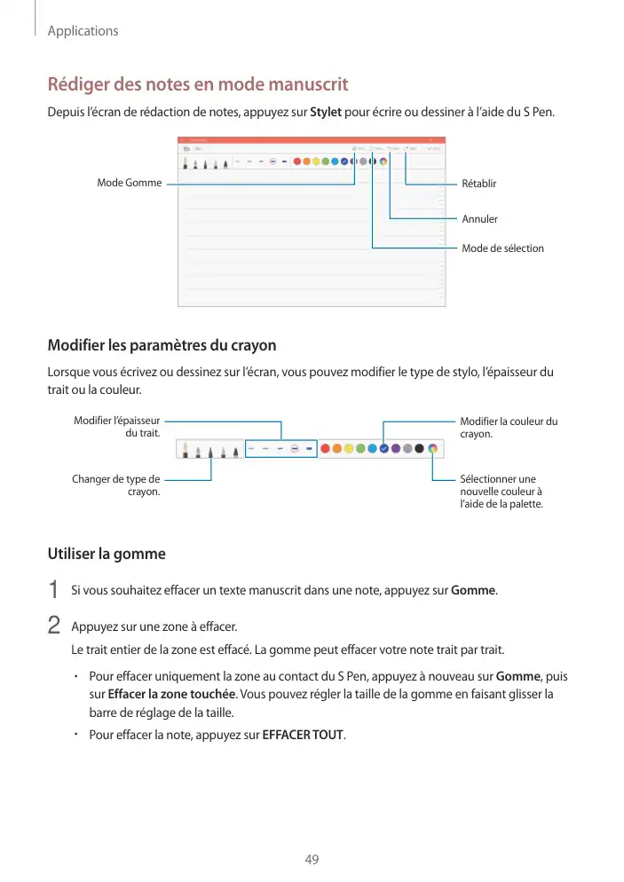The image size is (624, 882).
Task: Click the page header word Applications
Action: click(83, 31)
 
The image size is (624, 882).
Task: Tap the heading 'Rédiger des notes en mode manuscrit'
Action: click(197, 85)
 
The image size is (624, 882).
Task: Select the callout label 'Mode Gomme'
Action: click(130, 183)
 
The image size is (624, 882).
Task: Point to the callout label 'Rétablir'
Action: click(479, 184)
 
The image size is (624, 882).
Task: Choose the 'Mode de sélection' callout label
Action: click(502, 248)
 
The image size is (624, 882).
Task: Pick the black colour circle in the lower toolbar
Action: click(419, 449)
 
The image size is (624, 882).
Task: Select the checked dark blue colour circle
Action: click(384, 449)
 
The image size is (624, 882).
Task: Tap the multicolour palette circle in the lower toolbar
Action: click(432, 449)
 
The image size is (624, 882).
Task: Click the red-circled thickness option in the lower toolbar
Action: click(295, 449)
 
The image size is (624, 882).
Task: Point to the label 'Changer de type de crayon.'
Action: click(116, 485)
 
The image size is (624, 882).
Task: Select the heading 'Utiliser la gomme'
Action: click(107, 555)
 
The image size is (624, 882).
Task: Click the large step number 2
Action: click(53, 625)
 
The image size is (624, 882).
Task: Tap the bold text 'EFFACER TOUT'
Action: click(304, 736)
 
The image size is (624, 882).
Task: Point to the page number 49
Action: click(312, 860)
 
